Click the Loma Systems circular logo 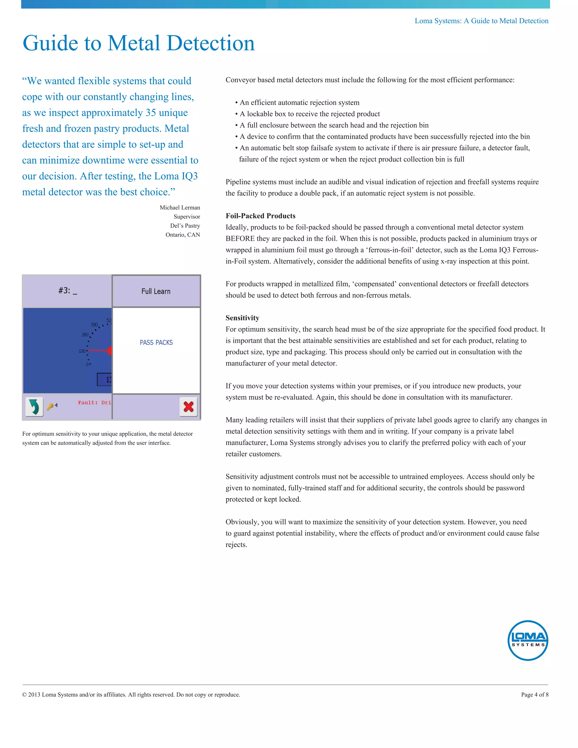tap(528, 640)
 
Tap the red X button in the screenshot tap(188, 406)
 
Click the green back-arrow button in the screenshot tap(34, 406)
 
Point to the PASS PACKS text tap(156, 342)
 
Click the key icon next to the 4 tap(50, 406)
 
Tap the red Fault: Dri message tap(94, 403)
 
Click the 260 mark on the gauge tap(85, 334)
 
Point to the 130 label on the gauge tap(82, 351)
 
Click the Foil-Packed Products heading tap(260, 216)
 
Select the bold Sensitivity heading tap(242, 318)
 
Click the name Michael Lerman tap(180, 207)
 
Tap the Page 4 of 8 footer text tap(535, 695)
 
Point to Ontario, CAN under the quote tap(183, 235)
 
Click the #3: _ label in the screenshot tap(67, 291)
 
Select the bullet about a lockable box tap(310, 114)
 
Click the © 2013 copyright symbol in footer tap(24, 695)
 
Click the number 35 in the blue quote tap(150, 113)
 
